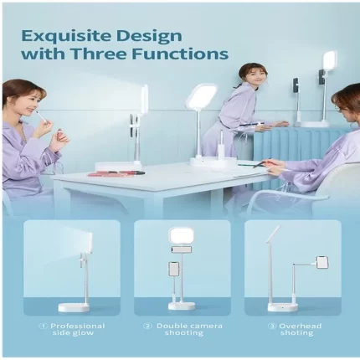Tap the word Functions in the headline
[x=180, y=54]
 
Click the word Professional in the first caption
[x=78, y=326]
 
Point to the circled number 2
[x=147, y=326]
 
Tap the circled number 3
[x=272, y=326]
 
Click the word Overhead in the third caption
[x=300, y=326]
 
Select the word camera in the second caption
[x=205, y=326]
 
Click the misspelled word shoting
[x=296, y=332]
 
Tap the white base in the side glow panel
[x=74, y=307]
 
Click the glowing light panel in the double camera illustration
[x=183, y=237]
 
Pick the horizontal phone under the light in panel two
[x=182, y=250]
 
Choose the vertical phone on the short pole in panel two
[x=174, y=269]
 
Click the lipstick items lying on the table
[x=116, y=173]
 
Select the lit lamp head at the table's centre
[x=202, y=96]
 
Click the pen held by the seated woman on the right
[x=261, y=163]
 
